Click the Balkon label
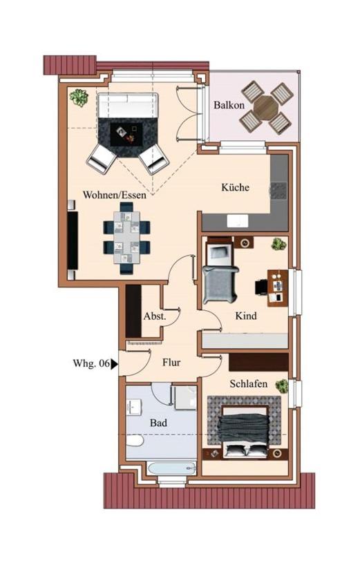(229, 105)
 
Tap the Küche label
(236, 187)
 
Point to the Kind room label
(246, 316)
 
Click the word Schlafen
(249, 383)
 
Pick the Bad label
(158, 423)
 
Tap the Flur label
(171, 362)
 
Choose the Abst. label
(155, 316)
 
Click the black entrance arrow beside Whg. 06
(114, 364)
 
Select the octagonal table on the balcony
(265, 107)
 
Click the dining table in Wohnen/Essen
(127, 238)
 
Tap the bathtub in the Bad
(172, 468)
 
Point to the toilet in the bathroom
(135, 441)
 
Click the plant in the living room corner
(79, 97)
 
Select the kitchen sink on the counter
(237, 220)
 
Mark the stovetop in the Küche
(278, 191)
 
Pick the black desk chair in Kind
(261, 287)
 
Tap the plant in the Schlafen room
(282, 385)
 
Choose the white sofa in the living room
(128, 106)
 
